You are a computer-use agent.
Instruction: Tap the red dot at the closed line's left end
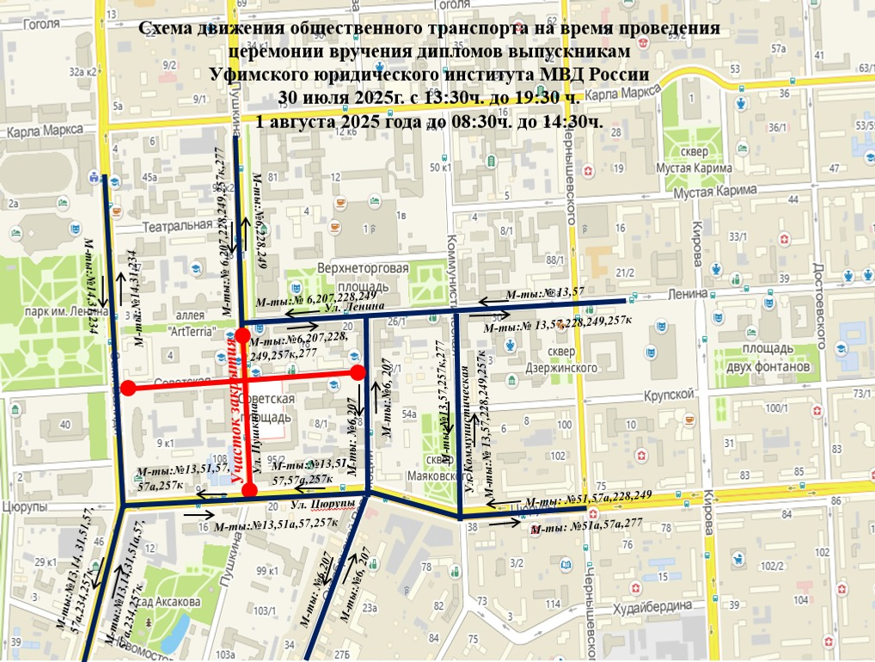(x=127, y=388)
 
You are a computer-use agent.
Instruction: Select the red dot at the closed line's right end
(x=358, y=371)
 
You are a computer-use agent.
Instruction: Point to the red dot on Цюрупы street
(x=249, y=489)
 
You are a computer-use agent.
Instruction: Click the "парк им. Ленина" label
(x=61, y=311)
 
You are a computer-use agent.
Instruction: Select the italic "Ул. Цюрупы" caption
(x=323, y=503)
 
